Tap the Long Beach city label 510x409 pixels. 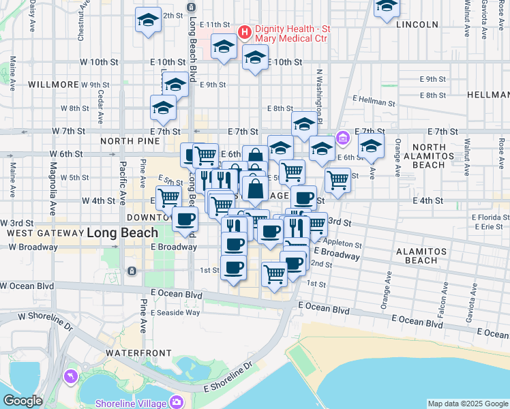[x=116, y=233]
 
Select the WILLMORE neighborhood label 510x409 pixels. [x=54, y=85]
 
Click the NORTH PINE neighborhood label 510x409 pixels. [x=130, y=141]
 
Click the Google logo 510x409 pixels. [x=22, y=401]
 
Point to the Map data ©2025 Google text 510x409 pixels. [x=467, y=404]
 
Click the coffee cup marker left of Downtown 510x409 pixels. [x=185, y=219]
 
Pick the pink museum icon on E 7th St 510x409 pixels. [x=342, y=139]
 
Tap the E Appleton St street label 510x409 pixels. [x=339, y=241]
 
